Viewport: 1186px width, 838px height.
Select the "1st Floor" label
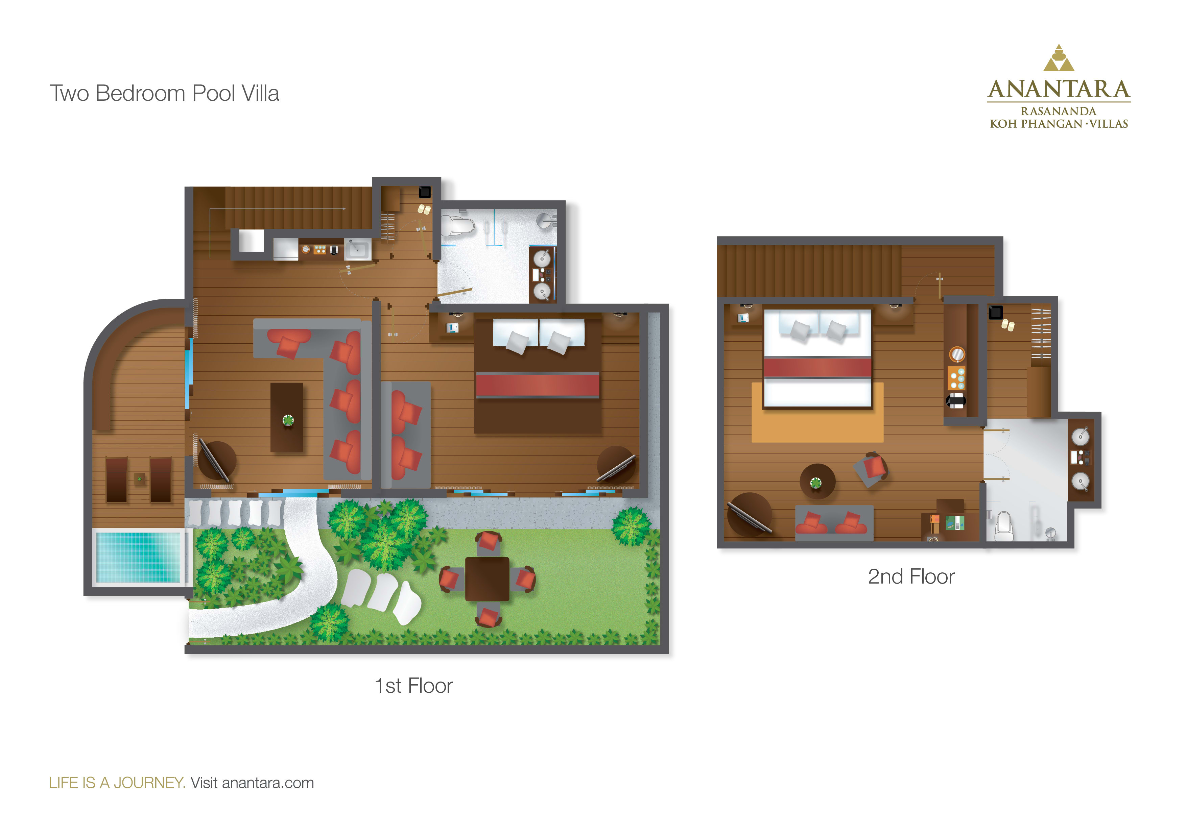pyautogui.click(x=414, y=686)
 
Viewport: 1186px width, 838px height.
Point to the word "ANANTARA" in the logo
pyautogui.click(x=1059, y=89)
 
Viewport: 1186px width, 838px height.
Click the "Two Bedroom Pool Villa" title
pyautogui.click(x=164, y=94)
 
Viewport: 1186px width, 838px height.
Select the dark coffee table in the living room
pyautogui.click(x=287, y=417)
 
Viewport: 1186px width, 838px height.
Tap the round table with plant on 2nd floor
pyautogui.click(x=817, y=482)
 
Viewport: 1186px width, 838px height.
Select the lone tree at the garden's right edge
pyautogui.click(x=631, y=527)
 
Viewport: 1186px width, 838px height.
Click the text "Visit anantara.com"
pyautogui.click(x=252, y=783)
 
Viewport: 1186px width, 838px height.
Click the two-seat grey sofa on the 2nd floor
pyautogui.click(x=834, y=522)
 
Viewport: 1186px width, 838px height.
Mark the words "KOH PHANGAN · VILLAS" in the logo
pyautogui.click(x=1059, y=124)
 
